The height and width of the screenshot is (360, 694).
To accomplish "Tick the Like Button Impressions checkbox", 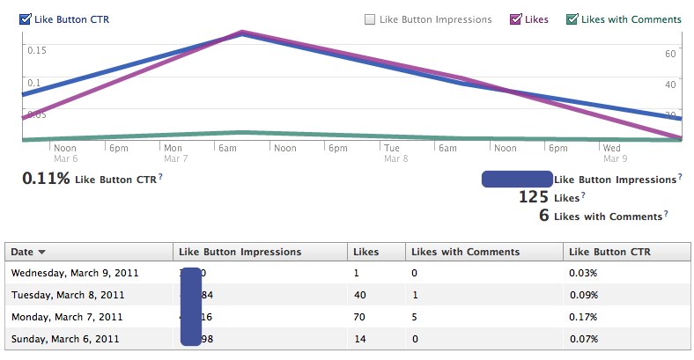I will tap(370, 18).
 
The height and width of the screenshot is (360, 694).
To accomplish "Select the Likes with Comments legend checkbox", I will tap(572, 18).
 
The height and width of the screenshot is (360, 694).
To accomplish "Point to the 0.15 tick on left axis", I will tap(36, 49).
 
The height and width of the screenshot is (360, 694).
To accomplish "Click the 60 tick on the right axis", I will tap(669, 54).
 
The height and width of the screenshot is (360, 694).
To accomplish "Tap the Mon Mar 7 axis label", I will tap(174, 153).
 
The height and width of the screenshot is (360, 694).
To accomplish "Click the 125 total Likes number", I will tap(534, 197).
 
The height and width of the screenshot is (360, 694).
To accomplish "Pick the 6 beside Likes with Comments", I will tap(543, 216).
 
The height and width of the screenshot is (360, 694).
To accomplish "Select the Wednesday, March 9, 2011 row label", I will tap(67, 274).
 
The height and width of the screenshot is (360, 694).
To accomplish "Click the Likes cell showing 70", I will tap(358, 316).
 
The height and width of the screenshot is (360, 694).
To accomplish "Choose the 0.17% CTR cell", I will tap(582, 316).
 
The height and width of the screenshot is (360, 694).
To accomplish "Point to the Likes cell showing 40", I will tap(358, 295).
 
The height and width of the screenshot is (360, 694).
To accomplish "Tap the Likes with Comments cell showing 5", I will tap(415, 316).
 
